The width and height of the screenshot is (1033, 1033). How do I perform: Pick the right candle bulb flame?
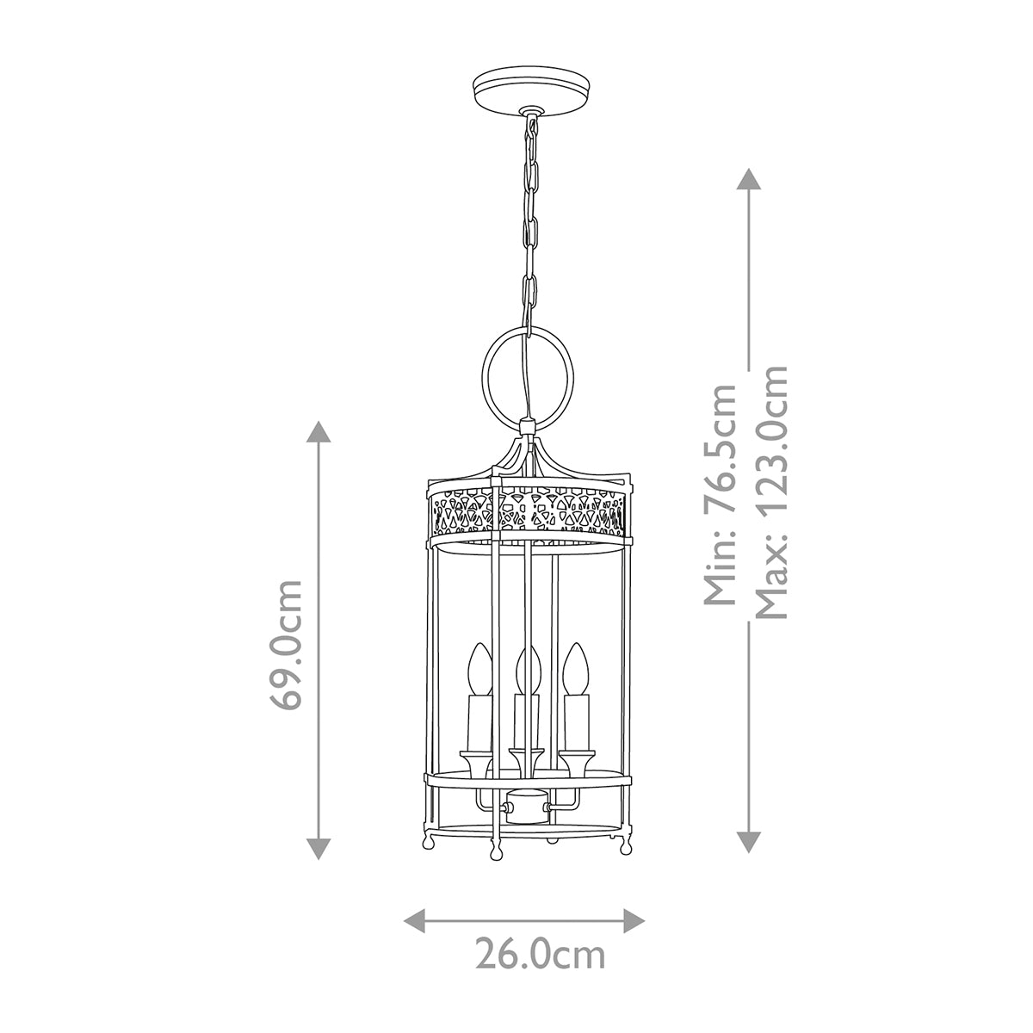point(576,667)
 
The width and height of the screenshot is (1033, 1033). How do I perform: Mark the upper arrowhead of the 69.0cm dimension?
point(320,432)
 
